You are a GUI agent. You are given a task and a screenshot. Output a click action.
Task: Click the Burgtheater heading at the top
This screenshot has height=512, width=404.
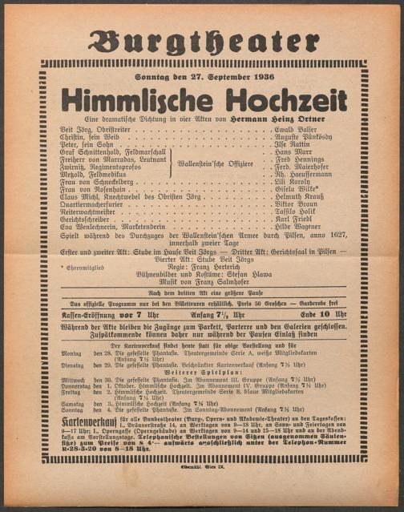[x=203, y=42]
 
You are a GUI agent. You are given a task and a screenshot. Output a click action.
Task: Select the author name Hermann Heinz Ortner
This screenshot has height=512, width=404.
[x=290, y=119]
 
